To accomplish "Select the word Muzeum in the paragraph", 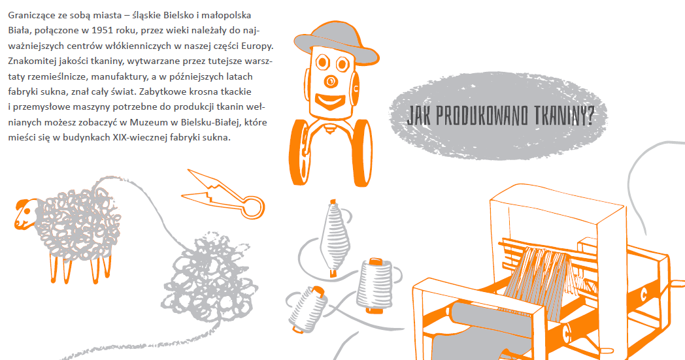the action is [146, 122].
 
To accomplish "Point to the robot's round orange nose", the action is [331, 81].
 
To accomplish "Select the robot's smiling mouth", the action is [330, 101].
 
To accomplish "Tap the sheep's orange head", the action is [25, 214].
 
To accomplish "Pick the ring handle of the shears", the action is [253, 208].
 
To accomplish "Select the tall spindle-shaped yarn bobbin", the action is [335, 238].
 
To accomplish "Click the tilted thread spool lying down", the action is [308, 308].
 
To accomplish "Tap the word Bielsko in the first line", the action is [179, 15].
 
